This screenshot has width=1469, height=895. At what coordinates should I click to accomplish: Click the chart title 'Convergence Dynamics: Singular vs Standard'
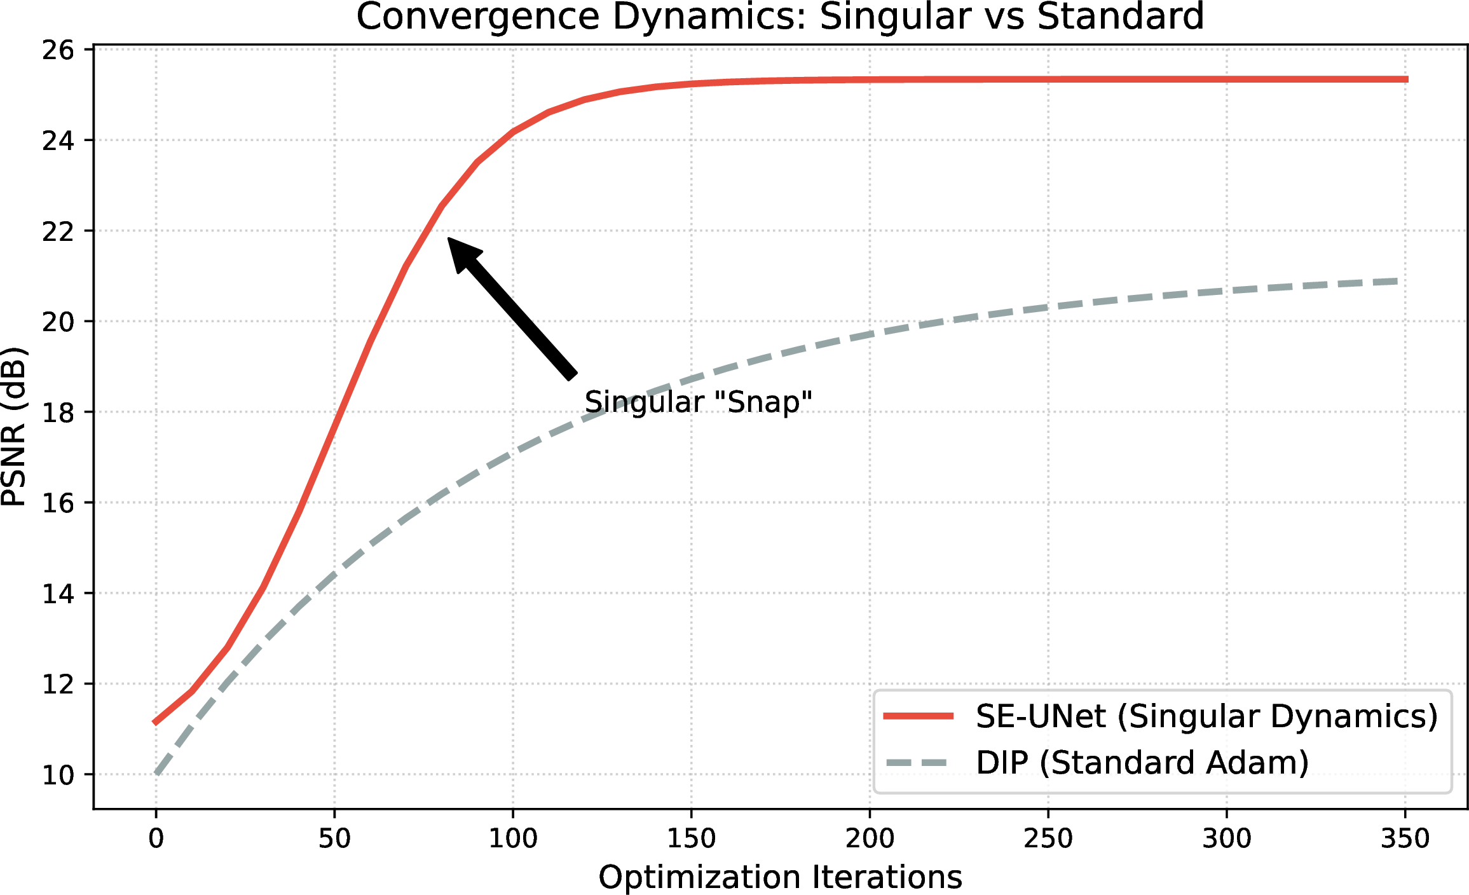[x=780, y=17]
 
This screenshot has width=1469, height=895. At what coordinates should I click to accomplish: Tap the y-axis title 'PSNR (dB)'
[x=14, y=427]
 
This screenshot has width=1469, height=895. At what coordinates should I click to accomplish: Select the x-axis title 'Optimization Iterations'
[x=780, y=878]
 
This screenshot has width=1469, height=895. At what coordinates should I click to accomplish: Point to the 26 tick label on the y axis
[x=58, y=50]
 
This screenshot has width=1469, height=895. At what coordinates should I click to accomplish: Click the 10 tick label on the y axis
[x=58, y=775]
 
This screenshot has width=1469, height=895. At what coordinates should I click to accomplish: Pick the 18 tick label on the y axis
[x=58, y=413]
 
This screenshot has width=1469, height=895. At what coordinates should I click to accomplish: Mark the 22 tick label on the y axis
[x=58, y=231]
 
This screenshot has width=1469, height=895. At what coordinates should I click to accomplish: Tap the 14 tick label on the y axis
[x=58, y=594]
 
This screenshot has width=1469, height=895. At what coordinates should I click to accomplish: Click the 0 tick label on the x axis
[x=156, y=839]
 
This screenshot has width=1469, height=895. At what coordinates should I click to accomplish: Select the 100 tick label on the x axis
[x=513, y=839]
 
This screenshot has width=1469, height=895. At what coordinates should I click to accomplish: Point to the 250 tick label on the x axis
[x=1048, y=839]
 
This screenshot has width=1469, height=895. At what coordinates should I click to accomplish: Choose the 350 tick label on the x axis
[x=1405, y=839]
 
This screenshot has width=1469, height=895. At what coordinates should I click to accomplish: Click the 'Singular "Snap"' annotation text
[x=698, y=402]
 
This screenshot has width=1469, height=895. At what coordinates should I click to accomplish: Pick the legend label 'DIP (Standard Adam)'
[x=1142, y=763]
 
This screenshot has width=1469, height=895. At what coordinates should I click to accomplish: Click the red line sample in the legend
[x=919, y=716]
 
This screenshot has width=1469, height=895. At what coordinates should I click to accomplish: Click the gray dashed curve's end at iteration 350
[x=1397, y=281]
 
